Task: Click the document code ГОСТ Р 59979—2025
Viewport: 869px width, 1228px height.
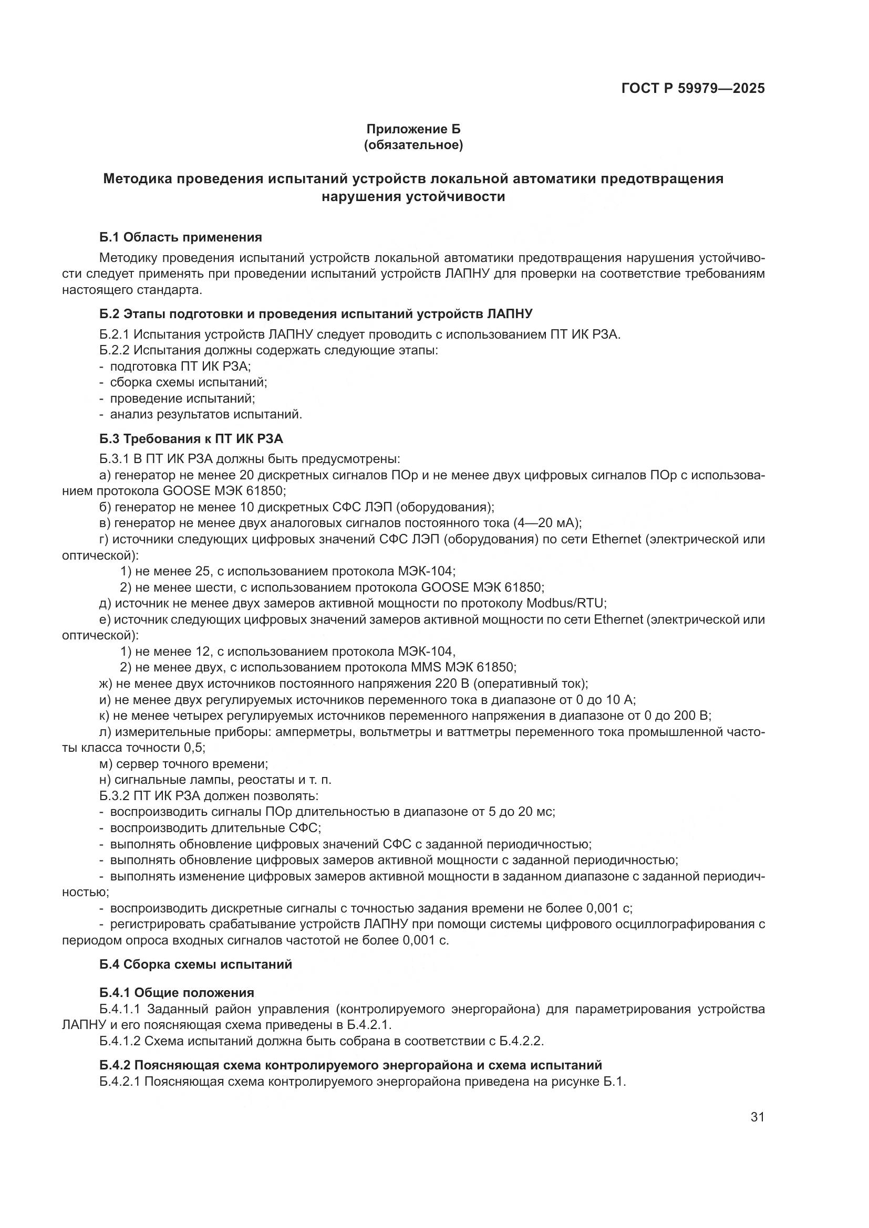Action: pos(692,88)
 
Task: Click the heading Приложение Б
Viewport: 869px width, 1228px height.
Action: pos(413,129)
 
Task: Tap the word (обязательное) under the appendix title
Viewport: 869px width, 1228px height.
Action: pos(413,145)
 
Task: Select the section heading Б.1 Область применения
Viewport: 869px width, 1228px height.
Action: pos(180,237)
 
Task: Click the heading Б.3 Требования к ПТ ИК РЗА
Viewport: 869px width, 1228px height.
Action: pos(191,439)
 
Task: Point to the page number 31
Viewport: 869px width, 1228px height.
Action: pos(757,1117)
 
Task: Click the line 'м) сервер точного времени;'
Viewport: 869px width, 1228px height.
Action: pos(183,764)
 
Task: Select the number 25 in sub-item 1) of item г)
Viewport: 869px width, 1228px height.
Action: pos(203,571)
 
